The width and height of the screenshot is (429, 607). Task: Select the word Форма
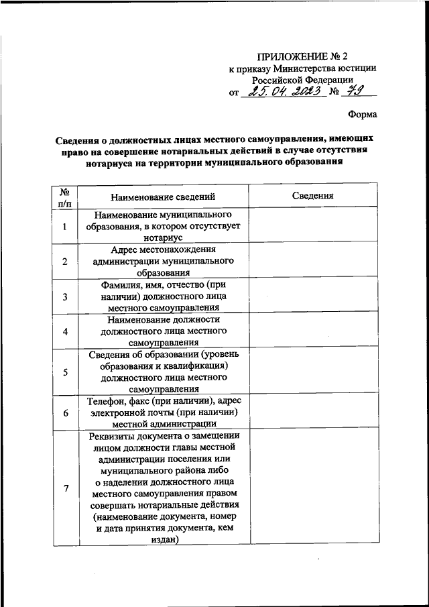[363, 115]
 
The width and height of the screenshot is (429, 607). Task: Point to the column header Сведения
[312, 196]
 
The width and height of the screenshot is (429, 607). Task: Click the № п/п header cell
[65, 197]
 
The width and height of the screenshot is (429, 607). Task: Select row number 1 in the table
[65, 226]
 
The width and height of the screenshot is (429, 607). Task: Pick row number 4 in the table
[65, 331]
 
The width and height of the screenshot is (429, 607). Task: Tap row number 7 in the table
[65, 488]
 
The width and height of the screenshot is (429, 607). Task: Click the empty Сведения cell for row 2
[312, 261]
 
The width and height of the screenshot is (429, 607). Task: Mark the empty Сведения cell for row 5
[312, 372]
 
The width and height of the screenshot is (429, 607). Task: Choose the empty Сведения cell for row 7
[312, 488]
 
